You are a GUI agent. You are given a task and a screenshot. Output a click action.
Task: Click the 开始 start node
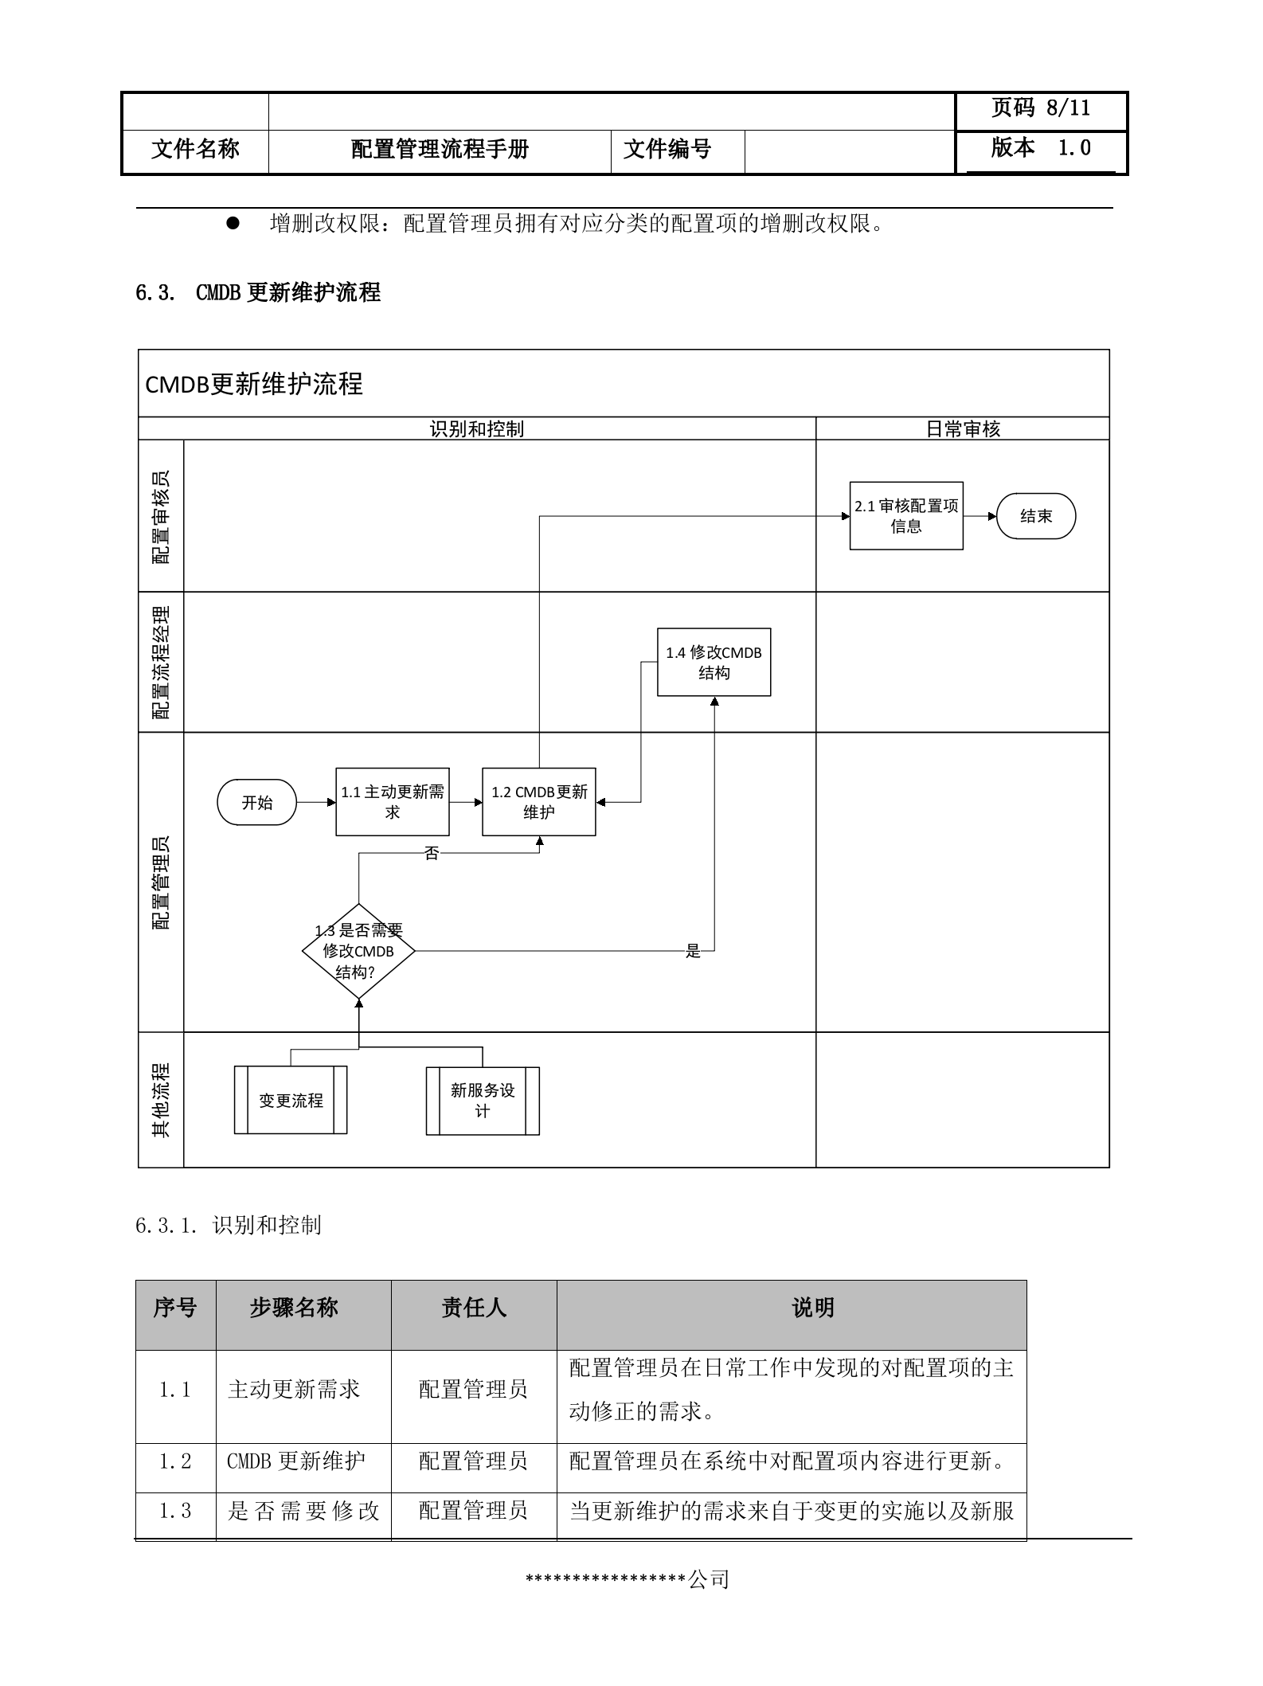coord(256,803)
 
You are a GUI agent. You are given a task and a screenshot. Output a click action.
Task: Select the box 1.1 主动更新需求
coord(392,802)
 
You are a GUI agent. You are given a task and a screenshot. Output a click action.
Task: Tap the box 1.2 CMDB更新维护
coord(538,802)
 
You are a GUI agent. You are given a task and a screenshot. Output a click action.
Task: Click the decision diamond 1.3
coord(358,951)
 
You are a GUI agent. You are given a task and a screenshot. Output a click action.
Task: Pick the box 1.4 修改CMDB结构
coord(714,663)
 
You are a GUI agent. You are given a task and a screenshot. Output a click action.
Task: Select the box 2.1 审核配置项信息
coord(906,516)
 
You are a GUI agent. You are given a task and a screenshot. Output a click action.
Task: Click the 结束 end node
coord(1036,516)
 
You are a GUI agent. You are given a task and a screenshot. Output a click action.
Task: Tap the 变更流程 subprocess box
coord(291,1101)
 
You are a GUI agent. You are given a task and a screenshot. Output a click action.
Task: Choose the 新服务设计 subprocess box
coord(483,1101)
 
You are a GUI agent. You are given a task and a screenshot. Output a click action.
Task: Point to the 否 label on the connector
coord(432,854)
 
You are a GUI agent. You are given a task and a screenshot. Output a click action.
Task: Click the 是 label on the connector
coord(693,951)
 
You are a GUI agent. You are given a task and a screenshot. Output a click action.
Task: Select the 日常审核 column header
coord(962,429)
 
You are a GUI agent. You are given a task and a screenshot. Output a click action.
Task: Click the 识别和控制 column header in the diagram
coord(476,429)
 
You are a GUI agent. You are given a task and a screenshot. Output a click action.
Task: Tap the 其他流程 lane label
coord(161,1100)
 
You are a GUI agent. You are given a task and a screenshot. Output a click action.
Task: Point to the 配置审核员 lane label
coord(161,517)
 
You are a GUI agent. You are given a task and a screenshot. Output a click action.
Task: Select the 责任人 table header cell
coord(474,1308)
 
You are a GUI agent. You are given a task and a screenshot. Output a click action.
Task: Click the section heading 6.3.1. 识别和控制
coord(229,1226)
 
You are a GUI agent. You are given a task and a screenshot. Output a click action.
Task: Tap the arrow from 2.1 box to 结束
coord(980,516)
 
